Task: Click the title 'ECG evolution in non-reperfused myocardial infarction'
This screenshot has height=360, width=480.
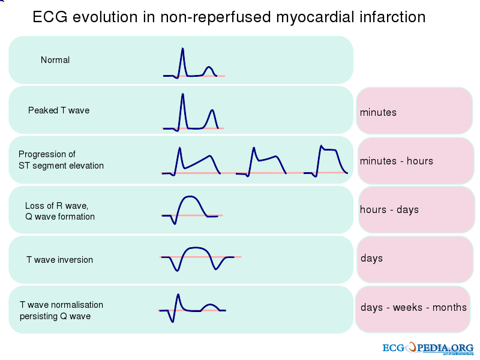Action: (229, 17)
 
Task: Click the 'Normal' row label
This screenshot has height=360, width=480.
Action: (55, 60)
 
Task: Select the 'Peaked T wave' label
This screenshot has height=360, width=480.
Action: (59, 110)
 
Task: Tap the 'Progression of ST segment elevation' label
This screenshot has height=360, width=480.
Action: (61, 160)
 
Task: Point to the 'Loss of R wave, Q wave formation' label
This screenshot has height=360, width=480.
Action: (60, 211)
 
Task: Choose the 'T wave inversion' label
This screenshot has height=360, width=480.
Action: (59, 260)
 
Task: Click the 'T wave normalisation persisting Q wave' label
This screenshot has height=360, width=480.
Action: (61, 310)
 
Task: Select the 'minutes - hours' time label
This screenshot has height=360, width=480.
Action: (396, 161)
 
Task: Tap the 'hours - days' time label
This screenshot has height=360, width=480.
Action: (389, 209)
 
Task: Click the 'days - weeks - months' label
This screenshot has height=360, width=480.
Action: (413, 308)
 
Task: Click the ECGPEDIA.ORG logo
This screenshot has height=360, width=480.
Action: (428, 348)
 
